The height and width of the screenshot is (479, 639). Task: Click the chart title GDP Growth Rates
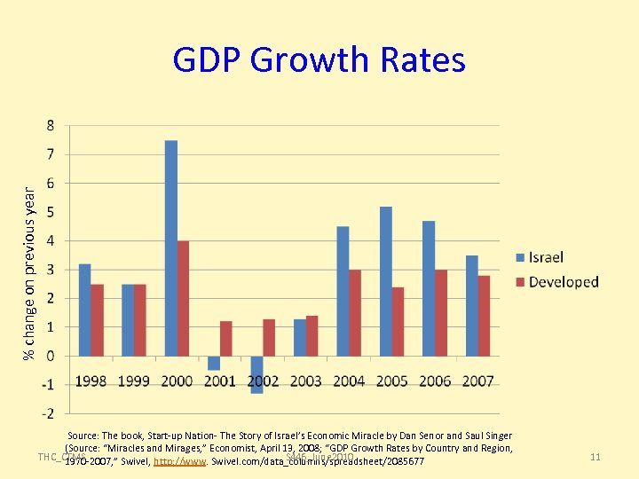pos(319,60)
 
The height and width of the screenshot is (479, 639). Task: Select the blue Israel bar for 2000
pos(171,248)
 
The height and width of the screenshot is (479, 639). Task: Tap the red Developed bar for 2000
pos(184,298)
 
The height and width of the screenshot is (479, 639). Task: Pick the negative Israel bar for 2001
pos(214,363)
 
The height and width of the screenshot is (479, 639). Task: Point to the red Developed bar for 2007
pos(484,316)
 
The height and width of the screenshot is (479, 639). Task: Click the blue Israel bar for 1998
pos(85,310)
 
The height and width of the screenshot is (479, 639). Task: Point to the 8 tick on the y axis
pos(50,125)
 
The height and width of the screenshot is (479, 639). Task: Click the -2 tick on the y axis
pos(48,413)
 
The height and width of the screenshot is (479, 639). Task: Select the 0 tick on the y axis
pos(50,356)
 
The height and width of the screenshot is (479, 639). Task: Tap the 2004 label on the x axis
pos(349,381)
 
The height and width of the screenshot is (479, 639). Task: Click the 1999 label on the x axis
pos(134,381)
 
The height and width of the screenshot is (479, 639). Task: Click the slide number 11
pos(596,457)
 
